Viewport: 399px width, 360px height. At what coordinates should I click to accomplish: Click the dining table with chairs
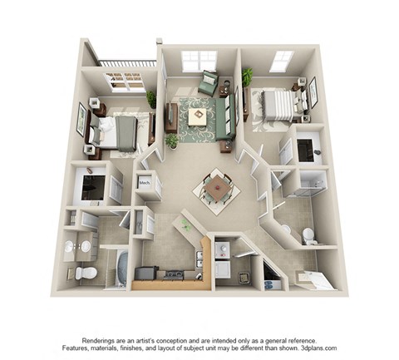click(x=216, y=189)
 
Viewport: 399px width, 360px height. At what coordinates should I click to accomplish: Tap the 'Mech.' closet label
click(x=145, y=181)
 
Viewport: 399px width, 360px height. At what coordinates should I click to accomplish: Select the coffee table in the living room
click(x=198, y=116)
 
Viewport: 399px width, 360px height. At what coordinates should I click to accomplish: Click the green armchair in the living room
click(x=209, y=83)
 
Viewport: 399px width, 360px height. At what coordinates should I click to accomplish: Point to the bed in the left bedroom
click(x=116, y=131)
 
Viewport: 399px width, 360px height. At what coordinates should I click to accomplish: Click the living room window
click(x=199, y=61)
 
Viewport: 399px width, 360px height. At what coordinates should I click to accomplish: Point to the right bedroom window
click(x=282, y=61)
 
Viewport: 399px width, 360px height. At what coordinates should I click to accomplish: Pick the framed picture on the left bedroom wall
click(x=81, y=117)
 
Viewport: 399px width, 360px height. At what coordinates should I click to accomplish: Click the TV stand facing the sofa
click(x=170, y=116)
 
